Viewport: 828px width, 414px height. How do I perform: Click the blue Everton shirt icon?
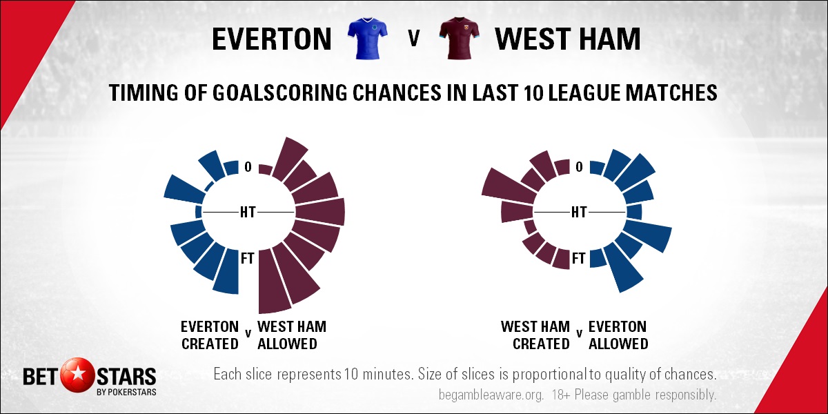pyautogui.click(x=367, y=38)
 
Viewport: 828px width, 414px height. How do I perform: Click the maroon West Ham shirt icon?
pyautogui.click(x=459, y=38)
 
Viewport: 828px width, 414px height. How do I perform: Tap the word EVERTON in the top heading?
pyautogui.click(x=272, y=39)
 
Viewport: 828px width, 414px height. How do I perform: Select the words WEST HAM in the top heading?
pyautogui.click(x=567, y=39)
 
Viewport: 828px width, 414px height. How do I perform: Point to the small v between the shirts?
pyautogui.click(x=413, y=39)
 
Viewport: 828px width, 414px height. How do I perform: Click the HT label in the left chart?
pyautogui.click(x=248, y=213)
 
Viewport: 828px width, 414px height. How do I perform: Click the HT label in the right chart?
pyautogui.click(x=579, y=213)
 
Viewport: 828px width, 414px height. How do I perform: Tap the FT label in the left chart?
pyautogui.click(x=248, y=258)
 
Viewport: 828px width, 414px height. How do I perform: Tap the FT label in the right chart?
pyautogui.click(x=579, y=258)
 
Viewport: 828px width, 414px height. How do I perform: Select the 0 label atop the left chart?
pyautogui.click(x=248, y=167)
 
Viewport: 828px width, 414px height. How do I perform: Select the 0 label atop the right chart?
pyautogui.click(x=579, y=167)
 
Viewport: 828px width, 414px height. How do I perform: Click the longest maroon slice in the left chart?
pyautogui.click(x=273, y=281)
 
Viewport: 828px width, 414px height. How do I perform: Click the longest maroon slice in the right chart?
pyautogui.click(x=509, y=185)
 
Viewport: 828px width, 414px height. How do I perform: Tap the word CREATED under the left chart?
pyautogui.click(x=210, y=344)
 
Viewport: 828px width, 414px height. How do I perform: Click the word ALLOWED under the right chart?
pyautogui.click(x=618, y=344)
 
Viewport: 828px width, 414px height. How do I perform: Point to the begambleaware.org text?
pyautogui.click(x=491, y=395)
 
